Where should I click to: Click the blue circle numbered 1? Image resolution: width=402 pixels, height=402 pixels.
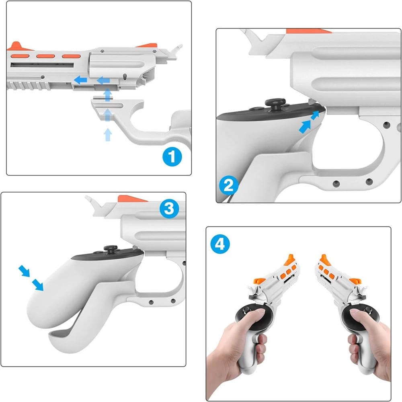click(x=172, y=157)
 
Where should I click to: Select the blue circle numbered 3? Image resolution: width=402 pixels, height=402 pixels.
click(x=169, y=209)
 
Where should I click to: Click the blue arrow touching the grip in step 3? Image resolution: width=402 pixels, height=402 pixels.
click(x=38, y=285)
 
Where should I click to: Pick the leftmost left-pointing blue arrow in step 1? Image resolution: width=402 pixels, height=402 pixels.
click(x=80, y=80)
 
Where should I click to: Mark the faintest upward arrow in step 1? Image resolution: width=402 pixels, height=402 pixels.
click(x=107, y=135)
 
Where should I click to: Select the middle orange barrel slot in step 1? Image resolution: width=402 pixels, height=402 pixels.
click(x=45, y=55)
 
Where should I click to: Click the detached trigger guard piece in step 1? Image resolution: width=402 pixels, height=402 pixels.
click(x=129, y=121)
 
